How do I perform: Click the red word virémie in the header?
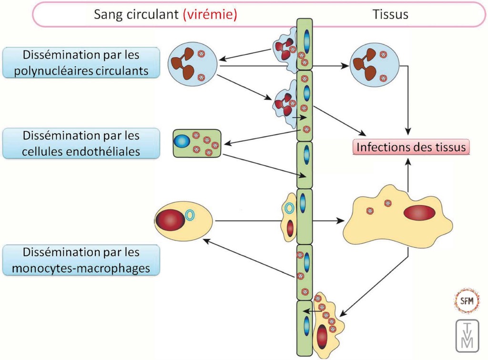point(210,15)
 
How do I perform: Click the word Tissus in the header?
point(390,15)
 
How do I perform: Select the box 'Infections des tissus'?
point(411,147)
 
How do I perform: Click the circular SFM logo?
point(467,300)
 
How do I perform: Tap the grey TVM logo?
point(468,335)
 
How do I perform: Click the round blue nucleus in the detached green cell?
point(182,141)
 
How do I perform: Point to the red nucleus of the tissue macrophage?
point(419,213)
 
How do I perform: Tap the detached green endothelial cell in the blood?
point(196,143)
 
